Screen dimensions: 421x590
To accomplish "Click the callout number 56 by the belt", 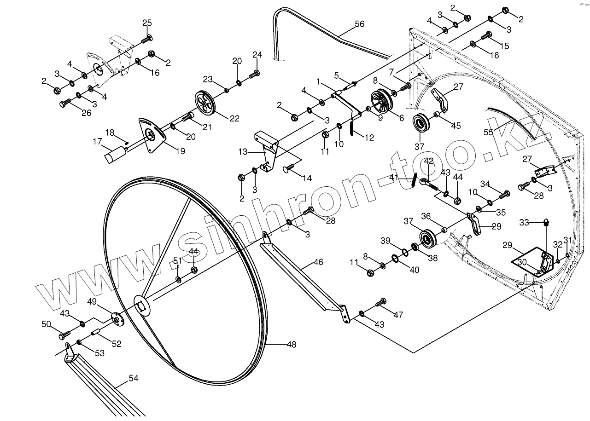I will [359, 24].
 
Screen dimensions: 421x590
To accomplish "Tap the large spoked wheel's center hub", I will [141, 305].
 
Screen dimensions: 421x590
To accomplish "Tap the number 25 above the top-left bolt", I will [146, 23].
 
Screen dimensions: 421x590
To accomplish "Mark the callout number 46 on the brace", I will [318, 262].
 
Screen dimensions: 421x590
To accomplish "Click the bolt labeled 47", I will [381, 303].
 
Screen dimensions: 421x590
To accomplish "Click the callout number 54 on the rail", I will [133, 378].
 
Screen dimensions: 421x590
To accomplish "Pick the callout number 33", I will [524, 222].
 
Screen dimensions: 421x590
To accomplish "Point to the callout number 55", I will [488, 132].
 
